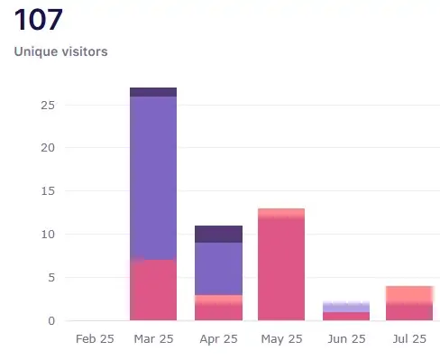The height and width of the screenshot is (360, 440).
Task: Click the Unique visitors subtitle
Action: tap(61, 51)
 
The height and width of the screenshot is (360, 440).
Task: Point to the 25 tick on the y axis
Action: tap(46, 105)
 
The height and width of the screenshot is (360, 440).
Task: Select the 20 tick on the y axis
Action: tap(46, 148)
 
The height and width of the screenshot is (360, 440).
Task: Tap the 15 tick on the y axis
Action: tap(46, 191)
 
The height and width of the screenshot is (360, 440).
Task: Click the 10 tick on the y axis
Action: tap(46, 235)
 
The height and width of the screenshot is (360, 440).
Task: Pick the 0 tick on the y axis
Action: tap(50, 320)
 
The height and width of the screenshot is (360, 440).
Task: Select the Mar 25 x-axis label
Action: tap(153, 340)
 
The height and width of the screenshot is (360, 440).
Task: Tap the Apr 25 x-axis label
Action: tap(218, 340)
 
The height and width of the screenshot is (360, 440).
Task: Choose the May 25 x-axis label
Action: tap(282, 340)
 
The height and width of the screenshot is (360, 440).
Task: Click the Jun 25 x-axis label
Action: tap(346, 340)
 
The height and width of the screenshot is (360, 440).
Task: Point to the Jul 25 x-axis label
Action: tap(410, 340)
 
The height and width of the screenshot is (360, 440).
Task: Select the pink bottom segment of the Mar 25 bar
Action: tap(153, 291)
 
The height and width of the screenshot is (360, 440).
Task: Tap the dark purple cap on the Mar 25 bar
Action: tap(153, 92)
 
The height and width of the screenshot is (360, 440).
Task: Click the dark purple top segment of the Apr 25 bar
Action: tap(218, 234)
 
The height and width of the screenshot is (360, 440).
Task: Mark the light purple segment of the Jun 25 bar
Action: tap(346, 307)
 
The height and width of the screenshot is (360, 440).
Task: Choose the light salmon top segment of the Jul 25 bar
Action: tap(410, 294)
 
